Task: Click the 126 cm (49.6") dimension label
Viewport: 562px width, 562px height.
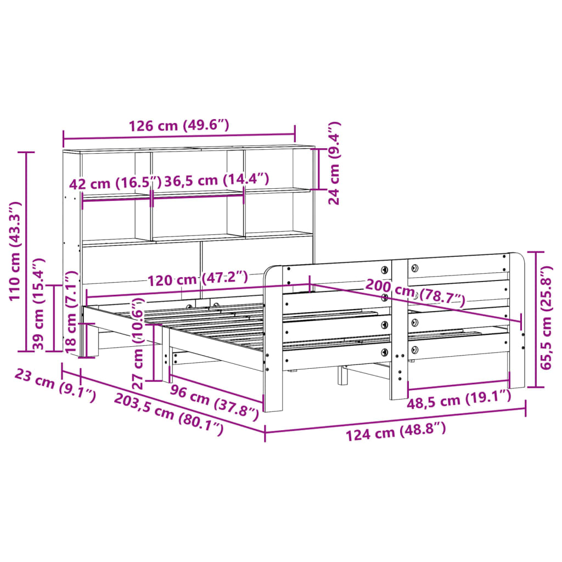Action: click(x=178, y=126)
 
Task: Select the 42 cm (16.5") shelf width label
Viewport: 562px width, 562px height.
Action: click(x=116, y=182)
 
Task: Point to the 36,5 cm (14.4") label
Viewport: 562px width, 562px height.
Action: click(x=217, y=179)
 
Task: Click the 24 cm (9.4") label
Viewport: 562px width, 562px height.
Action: click(x=334, y=163)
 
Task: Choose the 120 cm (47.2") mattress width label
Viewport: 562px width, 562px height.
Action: click(x=198, y=278)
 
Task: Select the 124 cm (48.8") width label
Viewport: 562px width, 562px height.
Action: click(x=395, y=430)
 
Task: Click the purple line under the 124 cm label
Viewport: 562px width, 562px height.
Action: click(x=395, y=417)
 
